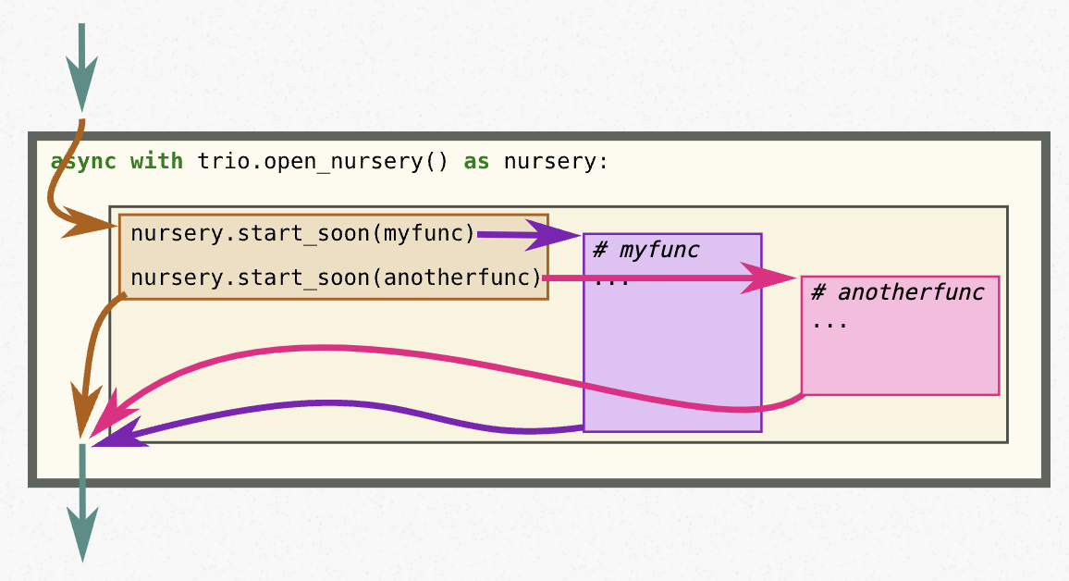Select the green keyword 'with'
pyautogui.click(x=156, y=162)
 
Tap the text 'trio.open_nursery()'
pyautogui.click(x=324, y=162)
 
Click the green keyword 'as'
pyautogui.click(x=476, y=162)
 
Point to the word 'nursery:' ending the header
pyautogui.click(x=557, y=162)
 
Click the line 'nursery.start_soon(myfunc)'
pyautogui.click(x=302, y=233)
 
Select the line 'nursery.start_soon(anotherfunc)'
pyautogui.click(x=336, y=277)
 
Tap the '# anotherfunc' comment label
pyautogui.click(x=897, y=292)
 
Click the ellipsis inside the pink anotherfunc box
pyautogui.click(x=829, y=324)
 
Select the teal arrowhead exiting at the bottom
pyautogui.click(x=81, y=542)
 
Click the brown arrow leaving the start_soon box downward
pyautogui.click(x=92, y=352)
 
